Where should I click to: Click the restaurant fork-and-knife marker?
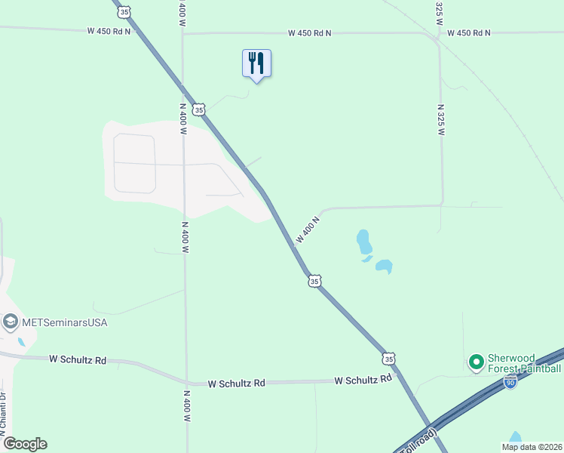(x=256, y=63)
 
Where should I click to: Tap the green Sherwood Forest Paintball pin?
(x=476, y=363)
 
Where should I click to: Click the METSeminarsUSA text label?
(x=66, y=322)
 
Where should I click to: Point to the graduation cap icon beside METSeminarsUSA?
(x=10, y=322)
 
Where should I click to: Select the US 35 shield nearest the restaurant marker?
(x=198, y=109)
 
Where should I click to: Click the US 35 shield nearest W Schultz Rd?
(x=388, y=358)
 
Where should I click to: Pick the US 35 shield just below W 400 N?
(x=314, y=281)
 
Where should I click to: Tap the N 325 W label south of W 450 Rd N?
(x=440, y=119)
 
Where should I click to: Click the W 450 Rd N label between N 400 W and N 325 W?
(x=309, y=33)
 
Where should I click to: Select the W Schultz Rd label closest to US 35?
(x=364, y=380)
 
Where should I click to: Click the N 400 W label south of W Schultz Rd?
(x=185, y=405)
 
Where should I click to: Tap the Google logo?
(x=25, y=444)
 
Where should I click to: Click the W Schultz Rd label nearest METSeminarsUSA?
(x=78, y=360)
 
